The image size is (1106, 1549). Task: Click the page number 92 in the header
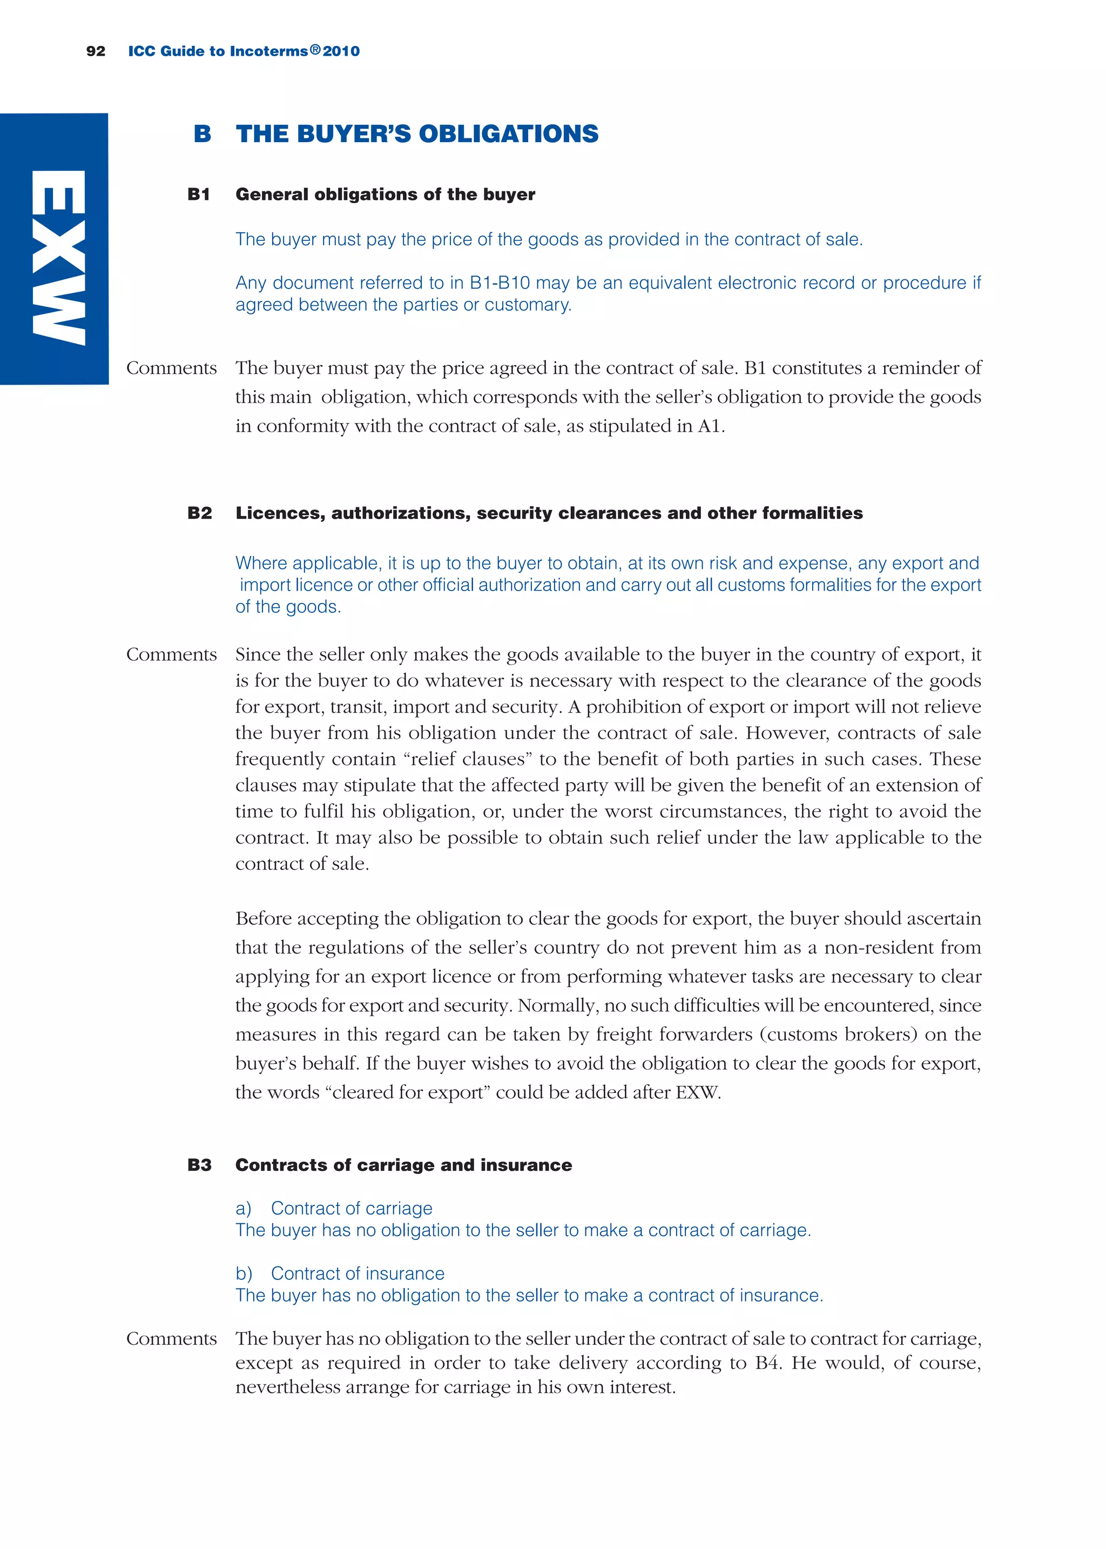click(x=96, y=51)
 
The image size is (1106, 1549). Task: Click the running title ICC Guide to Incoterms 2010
click(x=244, y=51)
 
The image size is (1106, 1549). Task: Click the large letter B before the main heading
click(x=203, y=134)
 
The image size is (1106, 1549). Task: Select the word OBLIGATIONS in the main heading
click(x=508, y=134)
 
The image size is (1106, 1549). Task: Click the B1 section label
click(x=199, y=195)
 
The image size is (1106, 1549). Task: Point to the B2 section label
click(x=199, y=513)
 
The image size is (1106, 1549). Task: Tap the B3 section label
click(x=199, y=1165)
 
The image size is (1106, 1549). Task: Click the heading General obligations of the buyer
click(x=385, y=195)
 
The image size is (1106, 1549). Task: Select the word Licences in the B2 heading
click(x=280, y=513)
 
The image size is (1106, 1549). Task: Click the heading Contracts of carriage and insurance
click(x=403, y=1165)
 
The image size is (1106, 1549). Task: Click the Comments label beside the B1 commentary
click(x=172, y=368)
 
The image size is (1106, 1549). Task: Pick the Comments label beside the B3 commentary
click(x=172, y=1338)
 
